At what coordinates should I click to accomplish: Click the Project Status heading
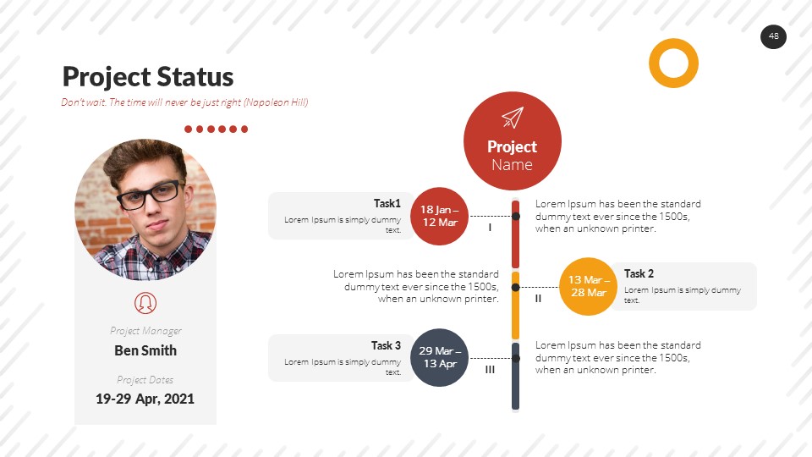pos(148,77)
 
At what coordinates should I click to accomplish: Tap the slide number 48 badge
pos(773,36)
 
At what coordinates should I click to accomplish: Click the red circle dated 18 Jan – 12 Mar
pos(440,216)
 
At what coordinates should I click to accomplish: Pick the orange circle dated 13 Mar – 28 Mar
pos(588,286)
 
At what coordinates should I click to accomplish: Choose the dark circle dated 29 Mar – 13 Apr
pos(440,357)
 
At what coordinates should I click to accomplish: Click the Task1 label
pos(387,203)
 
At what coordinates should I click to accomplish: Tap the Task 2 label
pos(639,273)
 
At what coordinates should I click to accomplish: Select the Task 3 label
pos(386,345)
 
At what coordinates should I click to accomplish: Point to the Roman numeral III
pos(490,370)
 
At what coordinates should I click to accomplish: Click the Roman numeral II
pos(538,299)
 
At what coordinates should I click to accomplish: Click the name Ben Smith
pos(145,350)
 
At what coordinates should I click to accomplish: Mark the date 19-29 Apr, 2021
pos(145,398)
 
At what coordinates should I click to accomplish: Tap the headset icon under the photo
pos(145,302)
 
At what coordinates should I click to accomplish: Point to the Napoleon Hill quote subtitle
pos(184,102)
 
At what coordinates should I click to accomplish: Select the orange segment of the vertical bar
pos(515,306)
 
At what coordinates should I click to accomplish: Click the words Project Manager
pos(145,331)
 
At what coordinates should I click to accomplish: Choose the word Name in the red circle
pos(512,164)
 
